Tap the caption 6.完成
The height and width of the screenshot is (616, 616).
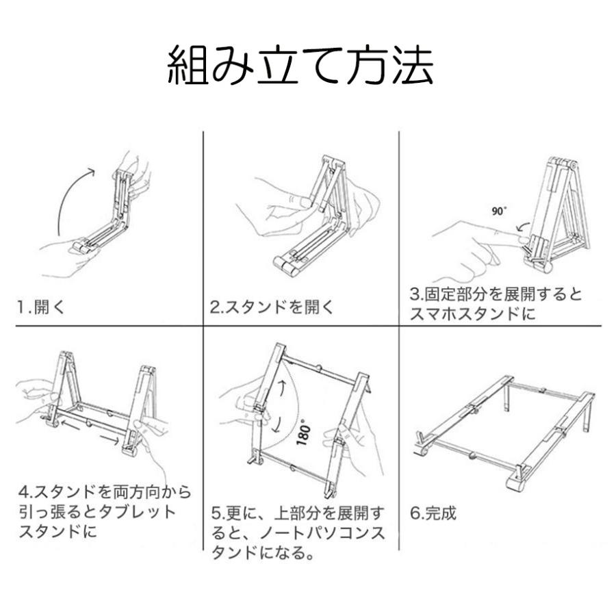[x=433, y=512]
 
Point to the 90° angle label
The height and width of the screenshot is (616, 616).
[x=498, y=211]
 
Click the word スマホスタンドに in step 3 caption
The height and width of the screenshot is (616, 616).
[x=472, y=315]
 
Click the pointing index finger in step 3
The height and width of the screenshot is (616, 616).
[x=479, y=240]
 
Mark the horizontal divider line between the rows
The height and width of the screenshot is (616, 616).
[x=308, y=327]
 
